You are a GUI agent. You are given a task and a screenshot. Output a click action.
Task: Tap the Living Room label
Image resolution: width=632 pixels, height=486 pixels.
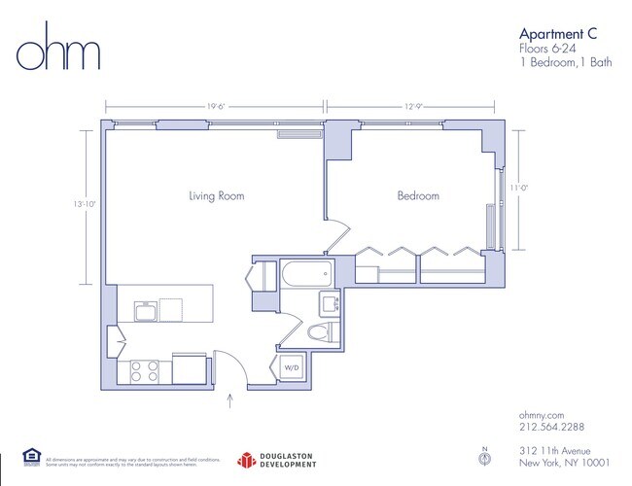click(x=216, y=196)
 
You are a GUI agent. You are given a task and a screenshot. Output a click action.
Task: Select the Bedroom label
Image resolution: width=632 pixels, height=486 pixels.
click(x=418, y=196)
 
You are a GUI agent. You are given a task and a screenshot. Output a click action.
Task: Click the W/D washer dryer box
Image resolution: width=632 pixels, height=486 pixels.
click(x=291, y=367)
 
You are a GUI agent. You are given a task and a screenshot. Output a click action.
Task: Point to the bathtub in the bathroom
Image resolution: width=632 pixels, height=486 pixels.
click(x=305, y=274)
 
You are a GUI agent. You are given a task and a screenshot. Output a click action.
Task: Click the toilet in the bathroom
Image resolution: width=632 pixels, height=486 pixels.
click(x=317, y=333)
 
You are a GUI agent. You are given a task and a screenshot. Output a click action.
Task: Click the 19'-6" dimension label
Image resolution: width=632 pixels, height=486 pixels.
click(x=217, y=108)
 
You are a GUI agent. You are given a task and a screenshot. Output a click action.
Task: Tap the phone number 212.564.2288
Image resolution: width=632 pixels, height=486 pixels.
click(x=550, y=427)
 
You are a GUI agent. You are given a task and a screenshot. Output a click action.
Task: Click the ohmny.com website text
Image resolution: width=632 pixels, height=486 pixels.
click(x=542, y=414)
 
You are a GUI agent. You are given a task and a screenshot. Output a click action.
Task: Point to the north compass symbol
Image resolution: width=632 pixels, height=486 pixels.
click(x=485, y=456)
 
